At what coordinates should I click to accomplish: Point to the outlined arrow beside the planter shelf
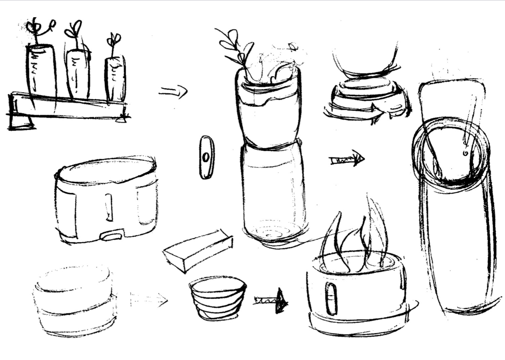pos(173,91)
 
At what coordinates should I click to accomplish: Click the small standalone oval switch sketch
pos(206,157)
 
